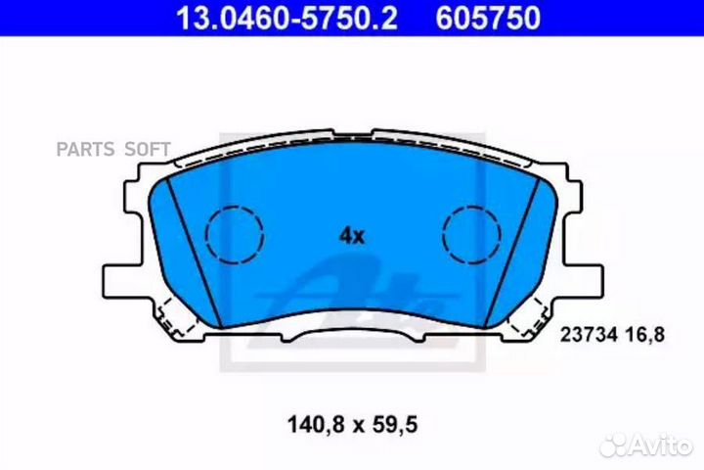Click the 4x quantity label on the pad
point(351,235)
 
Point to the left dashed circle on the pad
point(235,235)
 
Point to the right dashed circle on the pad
point(472,235)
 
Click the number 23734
point(585,334)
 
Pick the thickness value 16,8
point(646,334)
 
